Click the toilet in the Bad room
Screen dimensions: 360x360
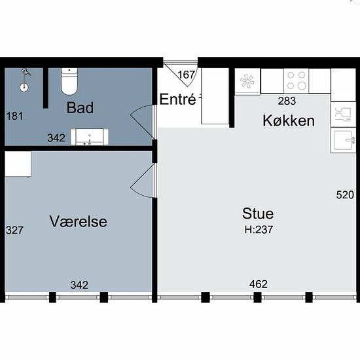click(x=69, y=81)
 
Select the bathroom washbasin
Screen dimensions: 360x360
click(x=90, y=137)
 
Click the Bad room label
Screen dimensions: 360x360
click(x=80, y=107)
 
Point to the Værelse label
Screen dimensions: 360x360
click(x=79, y=221)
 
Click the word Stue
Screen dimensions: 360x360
click(x=258, y=213)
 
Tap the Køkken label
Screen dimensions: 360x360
click(x=289, y=120)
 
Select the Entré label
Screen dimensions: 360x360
click(x=177, y=99)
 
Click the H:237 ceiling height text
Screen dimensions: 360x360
click(x=259, y=229)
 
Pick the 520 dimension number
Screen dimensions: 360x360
click(x=345, y=195)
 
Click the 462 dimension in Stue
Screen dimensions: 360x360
click(x=259, y=284)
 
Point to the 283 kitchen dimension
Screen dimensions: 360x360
click(x=287, y=101)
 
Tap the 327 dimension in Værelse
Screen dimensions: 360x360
click(x=14, y=230)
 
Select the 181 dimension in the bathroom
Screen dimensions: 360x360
click(x=14, y=116)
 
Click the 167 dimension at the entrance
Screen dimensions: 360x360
click(x=186, y=75)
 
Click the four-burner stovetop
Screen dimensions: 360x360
click(x=296, y=81)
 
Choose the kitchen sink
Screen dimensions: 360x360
click(x=343, y=140)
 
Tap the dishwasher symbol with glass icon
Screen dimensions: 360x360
click(x=343, y=115)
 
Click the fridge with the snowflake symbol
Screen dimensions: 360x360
click(x=247, y=81)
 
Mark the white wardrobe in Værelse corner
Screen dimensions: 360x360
click(x=18, y=164)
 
